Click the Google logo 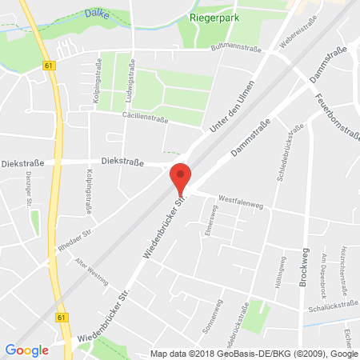pyautogui.click(x=26, y=350)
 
